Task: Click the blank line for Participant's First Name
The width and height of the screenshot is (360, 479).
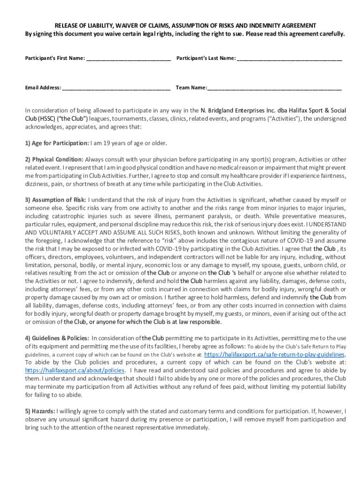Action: [128, 59]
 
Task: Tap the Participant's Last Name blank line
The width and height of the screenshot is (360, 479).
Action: [289, 59]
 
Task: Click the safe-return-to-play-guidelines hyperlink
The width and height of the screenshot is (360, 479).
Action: [275, 355]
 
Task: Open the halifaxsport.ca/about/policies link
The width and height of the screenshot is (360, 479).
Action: [75, 370]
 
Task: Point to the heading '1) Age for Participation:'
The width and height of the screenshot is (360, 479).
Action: [57, 143]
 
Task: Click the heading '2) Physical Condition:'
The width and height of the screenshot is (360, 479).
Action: [54, 159]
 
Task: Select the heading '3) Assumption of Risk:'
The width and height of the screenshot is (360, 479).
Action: [55, 200]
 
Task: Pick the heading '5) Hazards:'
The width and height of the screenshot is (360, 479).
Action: [39, 411]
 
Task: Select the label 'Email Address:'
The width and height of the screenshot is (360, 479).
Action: [43, 87]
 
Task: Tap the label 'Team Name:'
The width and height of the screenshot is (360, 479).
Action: [191, 87]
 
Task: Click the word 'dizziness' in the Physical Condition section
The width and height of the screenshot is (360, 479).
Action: [37, 183]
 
